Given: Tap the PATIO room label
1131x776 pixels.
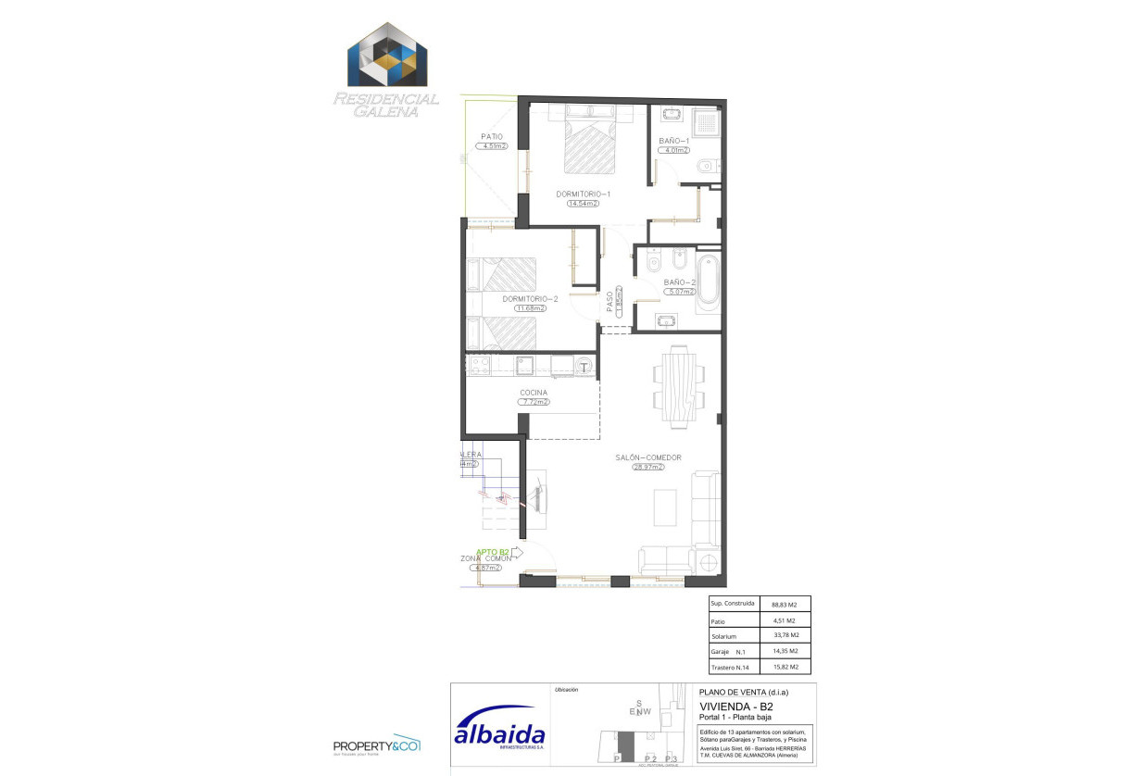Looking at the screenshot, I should tap(491, 136).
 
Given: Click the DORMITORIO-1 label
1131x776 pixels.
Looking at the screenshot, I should tap(583, 194).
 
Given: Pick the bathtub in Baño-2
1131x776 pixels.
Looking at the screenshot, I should tap(708, 281).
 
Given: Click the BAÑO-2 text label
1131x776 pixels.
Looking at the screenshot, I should tap(679, 282).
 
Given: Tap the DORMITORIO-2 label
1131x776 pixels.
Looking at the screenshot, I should tap(530, 299).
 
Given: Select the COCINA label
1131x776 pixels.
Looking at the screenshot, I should tap(534, 393).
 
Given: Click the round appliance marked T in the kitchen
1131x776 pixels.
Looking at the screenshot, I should tap(584, 367).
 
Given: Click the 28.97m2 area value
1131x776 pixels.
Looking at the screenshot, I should tap(648, 468).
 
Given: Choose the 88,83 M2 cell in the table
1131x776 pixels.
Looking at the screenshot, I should tap(785, 604).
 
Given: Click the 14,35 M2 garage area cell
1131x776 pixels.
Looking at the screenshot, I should tap(785, 651).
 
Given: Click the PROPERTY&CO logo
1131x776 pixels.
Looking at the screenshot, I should tap(377, 745).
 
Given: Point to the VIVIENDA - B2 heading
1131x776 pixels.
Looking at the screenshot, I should tap(736, 706).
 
